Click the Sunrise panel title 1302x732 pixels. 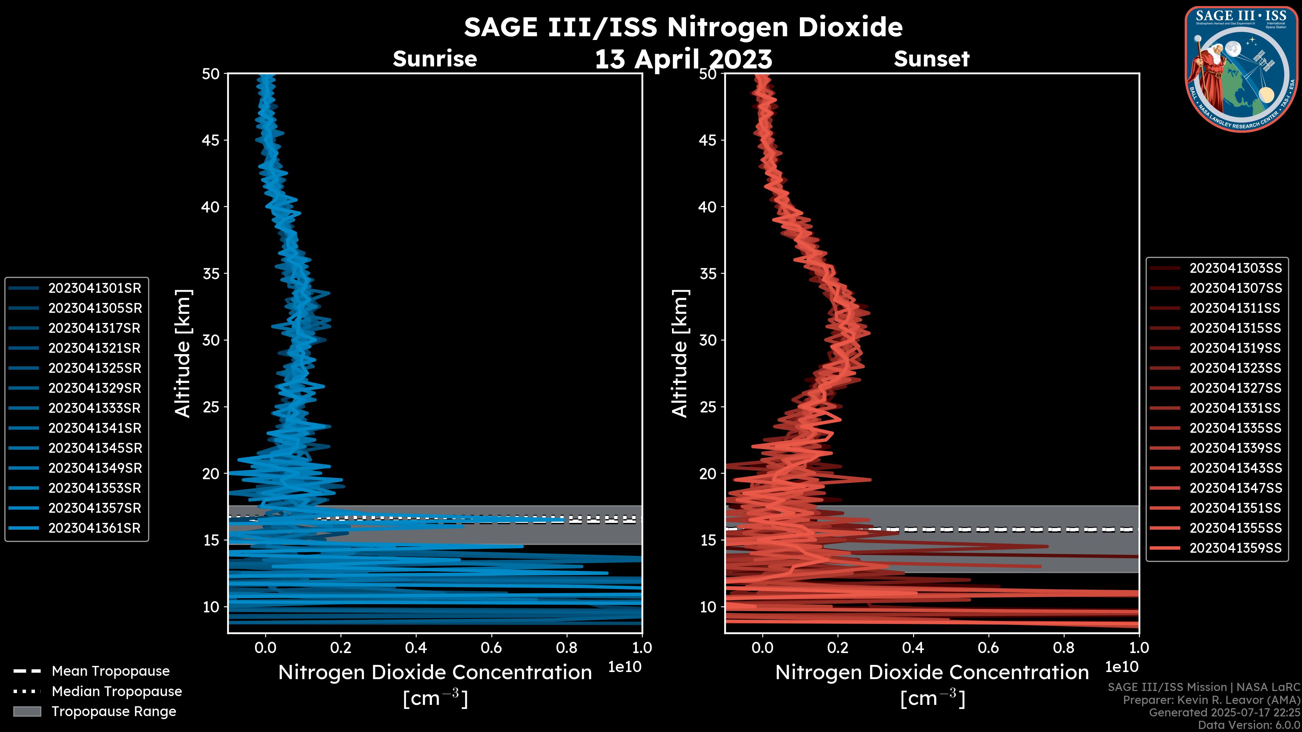435,59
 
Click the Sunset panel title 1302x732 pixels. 931,59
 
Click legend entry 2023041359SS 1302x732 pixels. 1235,548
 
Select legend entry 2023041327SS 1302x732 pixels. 1235,388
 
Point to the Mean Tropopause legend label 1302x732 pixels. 111,671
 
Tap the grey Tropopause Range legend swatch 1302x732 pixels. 27,711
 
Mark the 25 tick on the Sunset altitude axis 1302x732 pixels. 708,407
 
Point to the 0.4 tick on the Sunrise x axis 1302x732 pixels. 416,648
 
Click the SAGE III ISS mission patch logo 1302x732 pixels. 1241,69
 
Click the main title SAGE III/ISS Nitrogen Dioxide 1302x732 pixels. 683,27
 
